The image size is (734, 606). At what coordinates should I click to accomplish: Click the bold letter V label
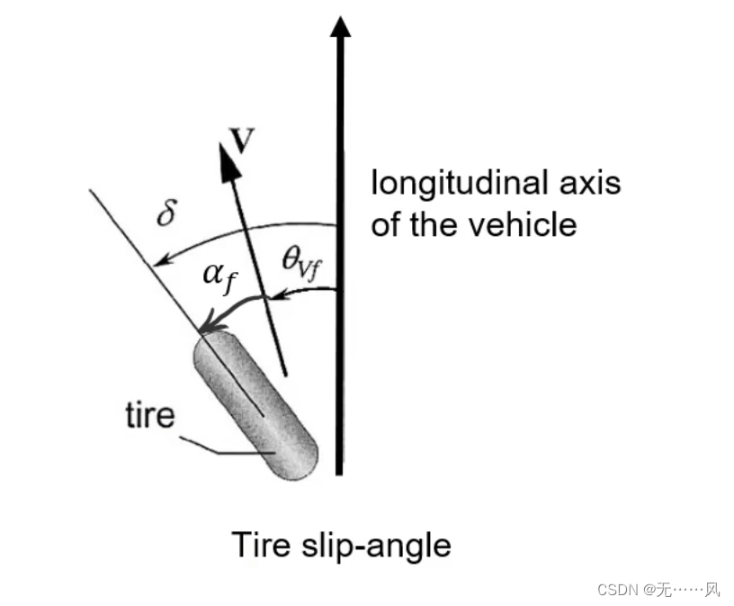click(242, 140)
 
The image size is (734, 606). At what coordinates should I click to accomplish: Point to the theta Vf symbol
click(303, 260)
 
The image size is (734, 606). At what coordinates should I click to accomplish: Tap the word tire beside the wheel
click(149, 416)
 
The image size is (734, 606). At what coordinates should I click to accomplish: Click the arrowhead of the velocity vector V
click(229, 161)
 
